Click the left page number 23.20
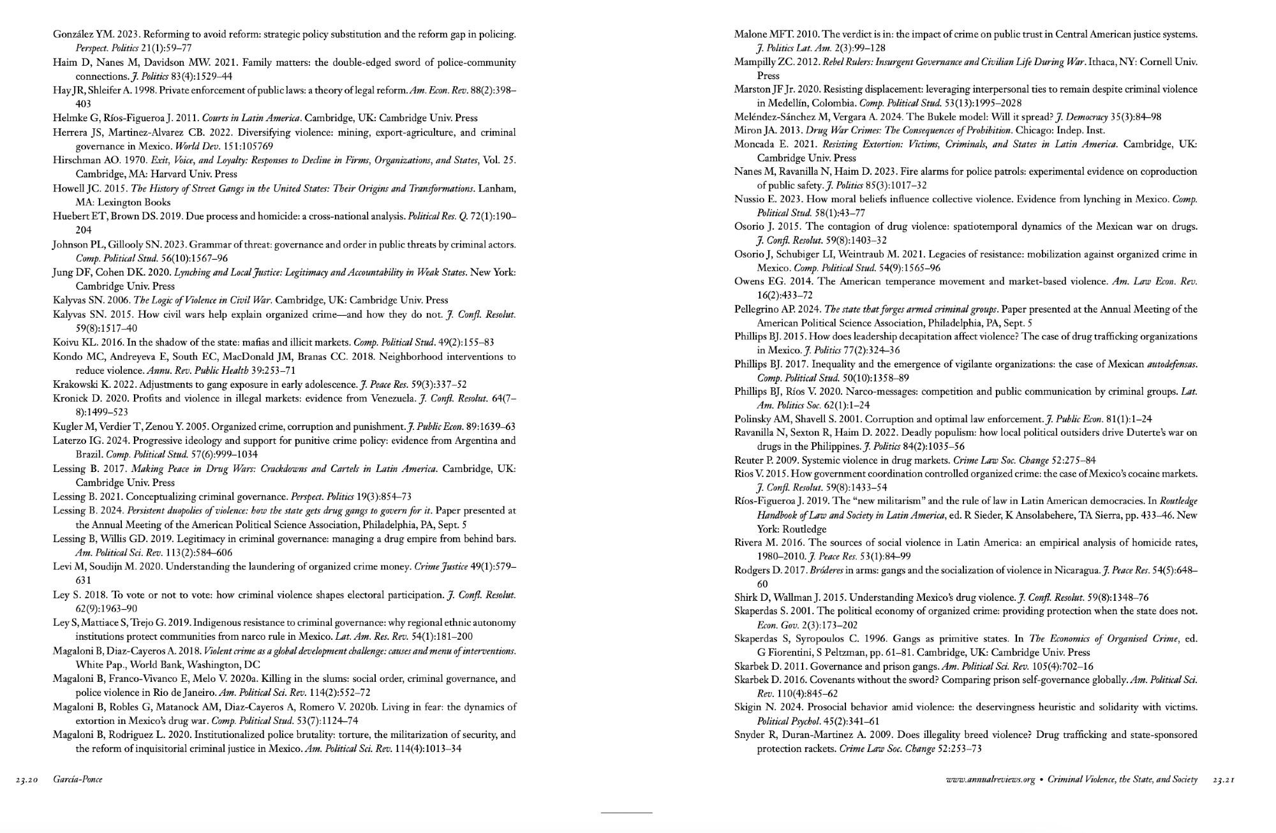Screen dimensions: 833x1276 tap(27, 779)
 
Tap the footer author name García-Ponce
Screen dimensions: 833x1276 tap(78, 779)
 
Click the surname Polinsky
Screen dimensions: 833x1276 tap(753, 419)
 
